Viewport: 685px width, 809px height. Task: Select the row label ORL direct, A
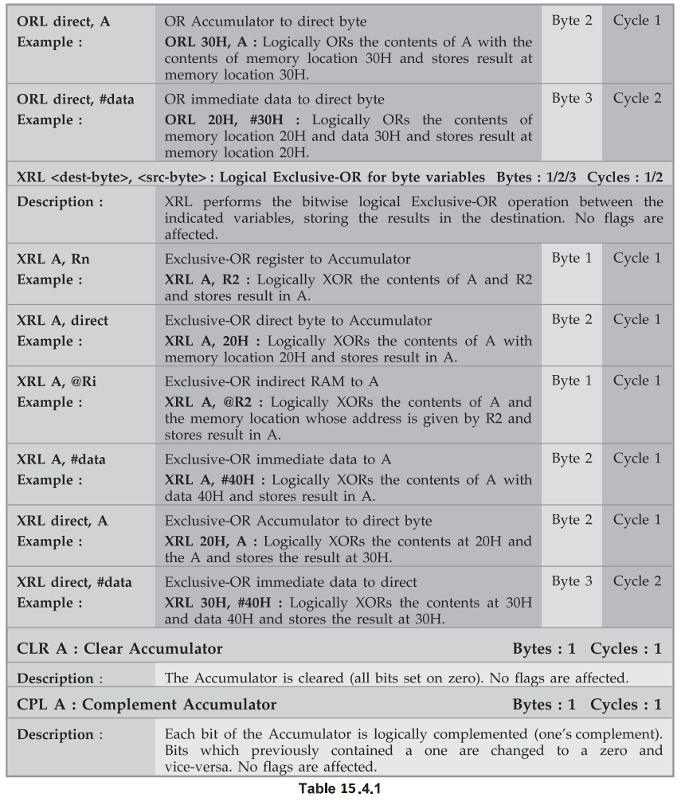point(64,21)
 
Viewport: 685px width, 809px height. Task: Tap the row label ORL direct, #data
point(76,100)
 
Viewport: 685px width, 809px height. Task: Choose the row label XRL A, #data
point(61,459)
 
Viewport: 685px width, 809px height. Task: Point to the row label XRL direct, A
point(63,521)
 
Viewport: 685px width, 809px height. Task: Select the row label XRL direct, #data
point(74,582)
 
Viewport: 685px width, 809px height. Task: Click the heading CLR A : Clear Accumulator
point(119,649)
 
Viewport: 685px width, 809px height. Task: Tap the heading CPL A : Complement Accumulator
point(147,705)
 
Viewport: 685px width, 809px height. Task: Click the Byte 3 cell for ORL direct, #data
point(572,99)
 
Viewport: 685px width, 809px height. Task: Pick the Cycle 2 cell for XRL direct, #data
point(636,581)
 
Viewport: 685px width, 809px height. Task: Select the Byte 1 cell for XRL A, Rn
point(572,258)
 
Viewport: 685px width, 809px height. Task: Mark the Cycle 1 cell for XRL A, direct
point(636,319)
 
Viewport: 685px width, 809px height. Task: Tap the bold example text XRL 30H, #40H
point(217,603)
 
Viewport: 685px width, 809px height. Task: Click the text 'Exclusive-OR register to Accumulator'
point(288,259)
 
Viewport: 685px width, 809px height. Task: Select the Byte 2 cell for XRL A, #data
point(572,459)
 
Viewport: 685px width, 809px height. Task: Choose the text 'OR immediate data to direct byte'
point(275,100)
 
